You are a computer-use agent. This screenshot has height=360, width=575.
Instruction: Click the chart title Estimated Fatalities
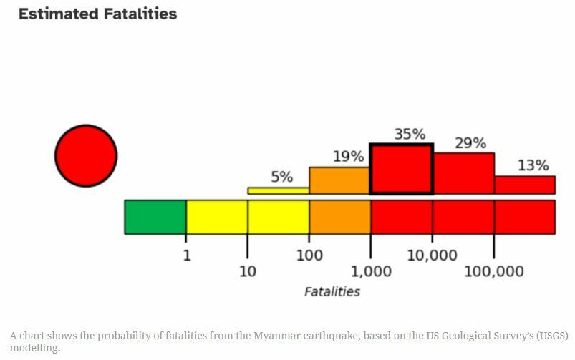97,14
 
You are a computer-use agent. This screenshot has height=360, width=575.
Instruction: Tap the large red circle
86,155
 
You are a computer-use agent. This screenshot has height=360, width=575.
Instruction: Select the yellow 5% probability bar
279,190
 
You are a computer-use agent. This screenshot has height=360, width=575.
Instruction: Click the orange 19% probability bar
339,180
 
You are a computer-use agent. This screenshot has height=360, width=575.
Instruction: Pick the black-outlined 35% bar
401,169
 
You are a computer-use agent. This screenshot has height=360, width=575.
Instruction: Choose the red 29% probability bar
463,173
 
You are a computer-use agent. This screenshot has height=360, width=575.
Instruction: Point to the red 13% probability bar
524,185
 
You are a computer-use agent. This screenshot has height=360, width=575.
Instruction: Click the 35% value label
410,134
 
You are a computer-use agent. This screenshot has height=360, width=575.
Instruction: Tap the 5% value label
281,177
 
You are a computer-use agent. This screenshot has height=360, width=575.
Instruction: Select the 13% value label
533,165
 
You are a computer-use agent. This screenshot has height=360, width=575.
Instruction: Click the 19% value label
348,156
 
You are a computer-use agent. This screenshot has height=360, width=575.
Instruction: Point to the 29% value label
470,142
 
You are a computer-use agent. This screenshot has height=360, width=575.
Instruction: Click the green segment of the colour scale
155,217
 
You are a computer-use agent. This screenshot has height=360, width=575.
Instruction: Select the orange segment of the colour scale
339,217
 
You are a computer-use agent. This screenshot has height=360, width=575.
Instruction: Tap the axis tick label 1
187,255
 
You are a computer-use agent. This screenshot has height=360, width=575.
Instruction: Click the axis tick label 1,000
371,271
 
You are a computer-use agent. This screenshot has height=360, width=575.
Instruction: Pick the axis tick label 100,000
494,271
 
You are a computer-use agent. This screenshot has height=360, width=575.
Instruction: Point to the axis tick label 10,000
432,255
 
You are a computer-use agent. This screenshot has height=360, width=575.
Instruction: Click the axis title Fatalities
332,291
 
